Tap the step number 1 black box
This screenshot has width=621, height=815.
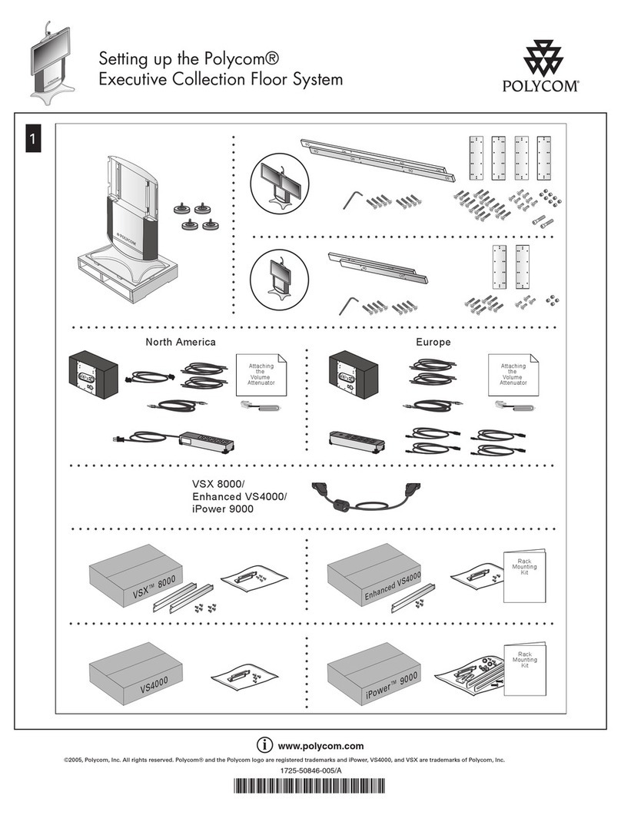coord(33,140)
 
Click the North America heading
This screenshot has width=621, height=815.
coord(181,342)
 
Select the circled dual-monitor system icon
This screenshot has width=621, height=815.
coord(280,181)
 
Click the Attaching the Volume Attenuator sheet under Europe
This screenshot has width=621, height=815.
coord(513,376)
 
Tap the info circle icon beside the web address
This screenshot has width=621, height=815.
coord(264,745)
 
